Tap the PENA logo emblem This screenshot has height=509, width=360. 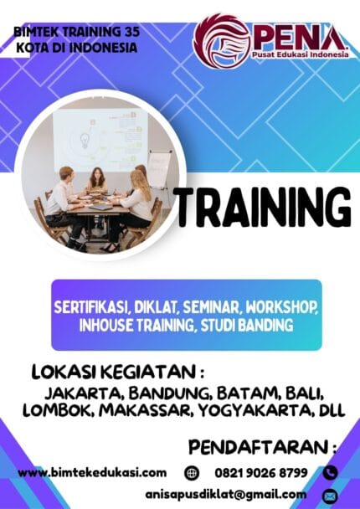(x=223, y=43)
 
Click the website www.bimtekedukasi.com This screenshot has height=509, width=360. (x=92, y=473)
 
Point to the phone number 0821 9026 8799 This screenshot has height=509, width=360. (x=260, y=473)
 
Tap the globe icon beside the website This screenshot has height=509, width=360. (x=192, y=473)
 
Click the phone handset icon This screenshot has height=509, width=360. (x=329, y=473)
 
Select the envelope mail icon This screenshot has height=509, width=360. (x=329, y=495)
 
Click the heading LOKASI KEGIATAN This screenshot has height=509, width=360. (x=116, y=371)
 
